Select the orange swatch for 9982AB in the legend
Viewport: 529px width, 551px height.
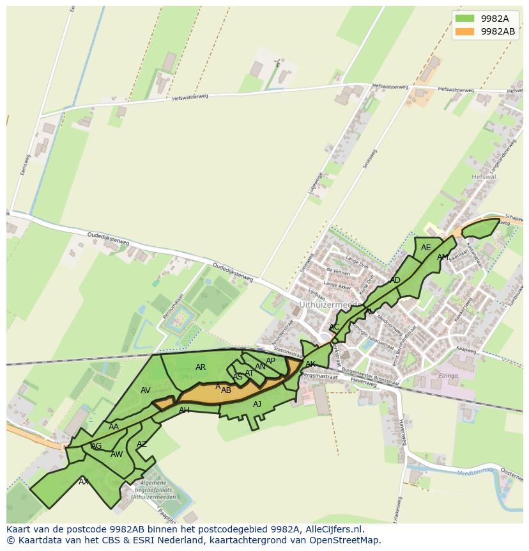click(464, 31)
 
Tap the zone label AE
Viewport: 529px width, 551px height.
click(426, 248)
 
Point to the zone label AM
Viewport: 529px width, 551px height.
click(443, 257)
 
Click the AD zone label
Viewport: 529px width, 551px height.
click(395, 280)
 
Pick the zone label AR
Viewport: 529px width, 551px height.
click(201, 367)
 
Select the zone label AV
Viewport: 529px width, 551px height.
click(146, 390)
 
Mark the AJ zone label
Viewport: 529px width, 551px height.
click(257, 404)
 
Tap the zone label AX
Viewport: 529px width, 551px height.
click(84, 481)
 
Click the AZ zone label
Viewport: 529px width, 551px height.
click(142, 444)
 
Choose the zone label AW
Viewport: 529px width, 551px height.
click(116, 454)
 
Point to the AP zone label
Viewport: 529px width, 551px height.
click(271, 361)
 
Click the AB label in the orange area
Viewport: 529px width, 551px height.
click(226, 390)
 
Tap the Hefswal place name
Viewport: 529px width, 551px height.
click(483, 177)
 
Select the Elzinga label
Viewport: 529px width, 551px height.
click(452, 377)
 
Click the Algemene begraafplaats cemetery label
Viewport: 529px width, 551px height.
click(149, 490)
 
